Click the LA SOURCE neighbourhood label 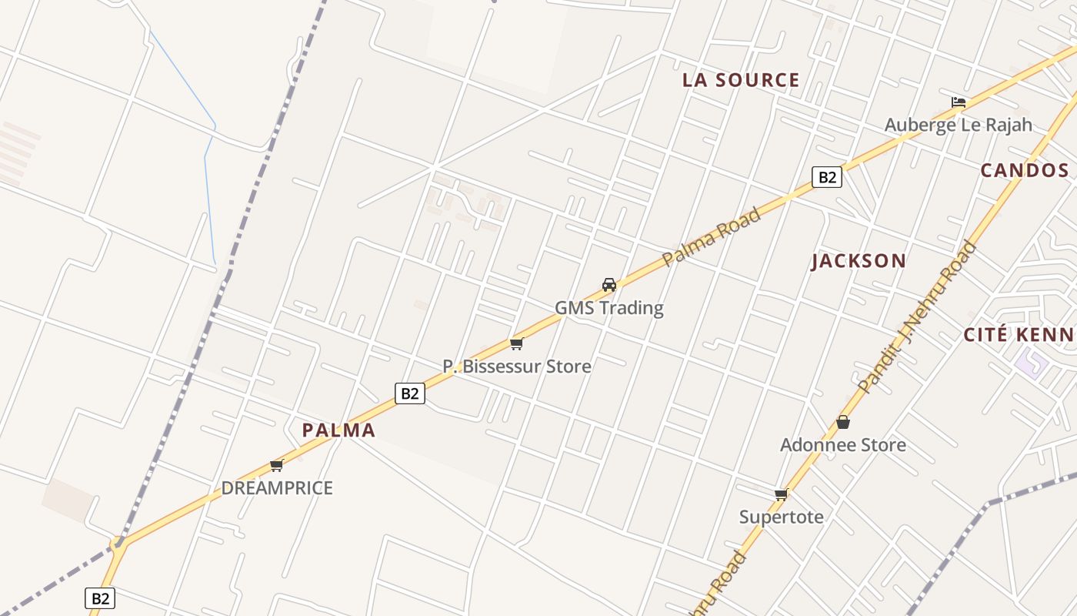click(742, 80)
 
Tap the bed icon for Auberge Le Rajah click(958, 102)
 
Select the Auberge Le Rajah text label click(958, 125)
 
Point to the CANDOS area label click(1024, 171)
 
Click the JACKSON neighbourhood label click(859, 261)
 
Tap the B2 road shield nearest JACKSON click(826, 177)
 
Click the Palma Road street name click(711, 236)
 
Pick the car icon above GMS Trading click(609, 285)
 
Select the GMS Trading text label click(609, 308)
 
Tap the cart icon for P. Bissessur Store click(516, 343)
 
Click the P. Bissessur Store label click(517, 367)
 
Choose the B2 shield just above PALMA click(410, 393)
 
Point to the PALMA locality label click(338, 430)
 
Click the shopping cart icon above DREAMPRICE click(277, 465)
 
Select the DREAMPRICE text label click(277, 488)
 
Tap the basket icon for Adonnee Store click(843, 422)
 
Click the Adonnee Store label click(843, 445)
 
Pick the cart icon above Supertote click(782, 494)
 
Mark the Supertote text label click(782, 517)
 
